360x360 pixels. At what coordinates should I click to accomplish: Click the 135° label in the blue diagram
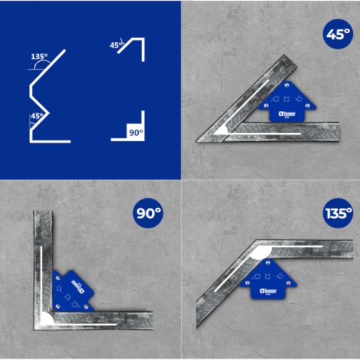click(40, 56)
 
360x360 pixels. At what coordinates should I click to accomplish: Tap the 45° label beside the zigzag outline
click(37, 114)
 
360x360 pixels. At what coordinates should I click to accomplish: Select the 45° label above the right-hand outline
click(115, 45)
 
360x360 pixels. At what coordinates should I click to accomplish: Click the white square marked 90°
click(135, 132)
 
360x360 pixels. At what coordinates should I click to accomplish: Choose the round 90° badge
click(152, 212)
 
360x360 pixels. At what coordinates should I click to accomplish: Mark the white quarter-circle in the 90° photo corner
click(46, 317)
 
